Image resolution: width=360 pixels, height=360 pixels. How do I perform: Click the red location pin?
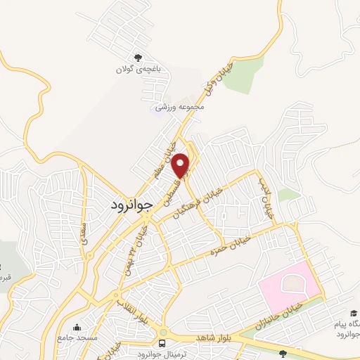(181, 165)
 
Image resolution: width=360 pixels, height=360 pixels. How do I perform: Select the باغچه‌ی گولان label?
(138, 70)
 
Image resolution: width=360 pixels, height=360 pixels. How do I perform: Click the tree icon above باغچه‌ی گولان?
(138, 58)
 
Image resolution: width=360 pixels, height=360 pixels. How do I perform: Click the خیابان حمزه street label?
(226, 243)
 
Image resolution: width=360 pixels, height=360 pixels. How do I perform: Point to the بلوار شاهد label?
(210, 337)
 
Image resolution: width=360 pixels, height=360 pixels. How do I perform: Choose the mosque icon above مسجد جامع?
(77, 328)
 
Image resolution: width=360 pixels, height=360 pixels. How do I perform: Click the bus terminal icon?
(163, 343)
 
